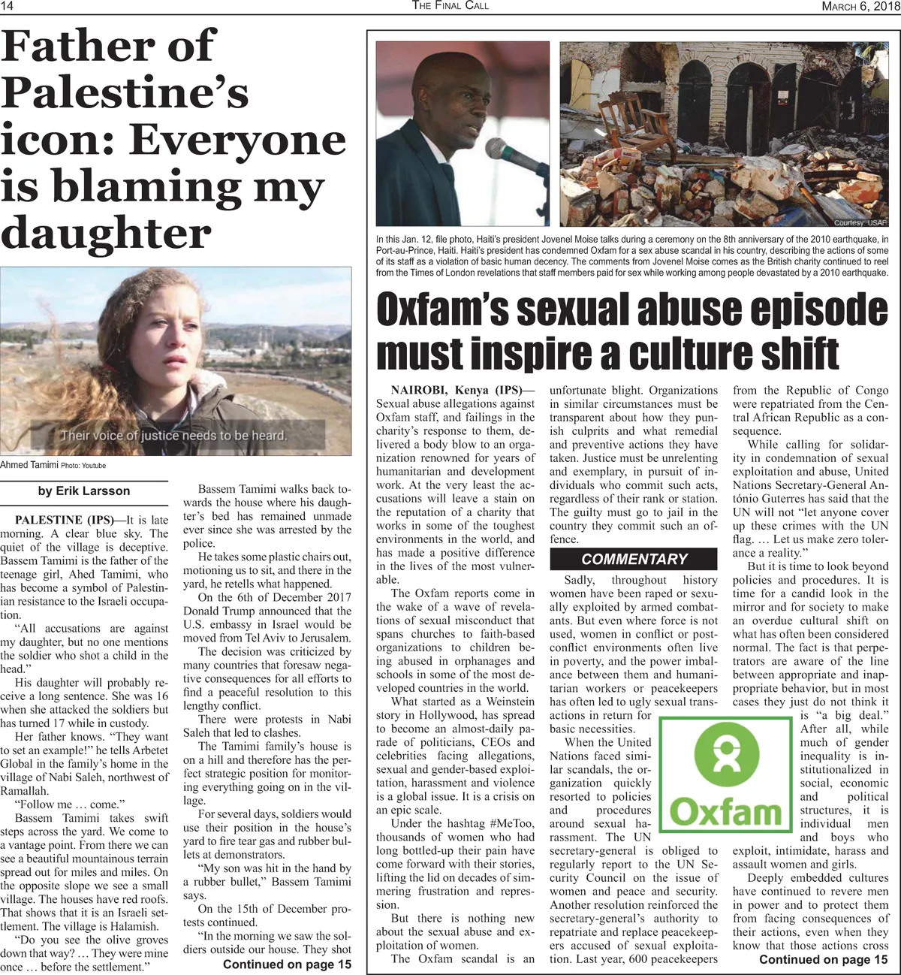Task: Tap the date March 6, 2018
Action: click(x=854, y=6)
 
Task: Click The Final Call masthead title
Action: click(x=450, y=6)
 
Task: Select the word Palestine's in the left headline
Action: click(x=125, y=94)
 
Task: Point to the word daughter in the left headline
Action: click(x=106, y=234)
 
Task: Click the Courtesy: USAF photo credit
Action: click(x=860, y=223)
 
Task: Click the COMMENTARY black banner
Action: click(x=634, y=559)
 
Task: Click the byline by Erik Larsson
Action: click(x=83, y=491)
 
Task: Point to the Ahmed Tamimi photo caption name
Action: click(x=25, y=465)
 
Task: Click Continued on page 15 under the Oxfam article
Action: click(x=823, y=959)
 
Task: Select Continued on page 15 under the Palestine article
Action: click(x=287, y=964)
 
